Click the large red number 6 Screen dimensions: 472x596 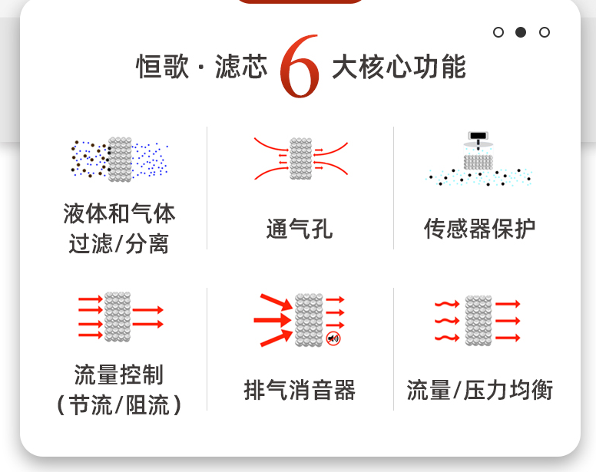[x=300, y=68]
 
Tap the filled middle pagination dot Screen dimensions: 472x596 [x=521, y=32]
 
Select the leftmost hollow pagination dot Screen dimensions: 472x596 [x=498, y=32]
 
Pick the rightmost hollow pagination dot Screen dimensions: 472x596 [x=544, y=32]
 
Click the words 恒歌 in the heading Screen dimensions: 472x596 [x=160, y=68]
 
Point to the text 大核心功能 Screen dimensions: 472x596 [x=399, y=68]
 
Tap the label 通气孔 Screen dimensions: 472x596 [x=300, y=229]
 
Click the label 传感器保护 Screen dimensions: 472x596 [x=479, y=229]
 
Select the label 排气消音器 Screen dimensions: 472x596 [x=300, y=390]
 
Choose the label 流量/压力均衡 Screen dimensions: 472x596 [x=479, y=390]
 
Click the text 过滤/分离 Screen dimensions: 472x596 [x=119, y=244]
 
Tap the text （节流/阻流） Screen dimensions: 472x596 [x=119, y=404]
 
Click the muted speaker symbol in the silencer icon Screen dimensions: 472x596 [x=333, y=338]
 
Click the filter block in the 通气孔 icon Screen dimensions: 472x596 [x=300, y=159]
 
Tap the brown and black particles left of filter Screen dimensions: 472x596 [x=89, y=159]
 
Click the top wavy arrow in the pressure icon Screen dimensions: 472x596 [x=446, y=304]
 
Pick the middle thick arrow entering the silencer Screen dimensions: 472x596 [x=273, y=319]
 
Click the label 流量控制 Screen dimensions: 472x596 [x=119, y=375]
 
